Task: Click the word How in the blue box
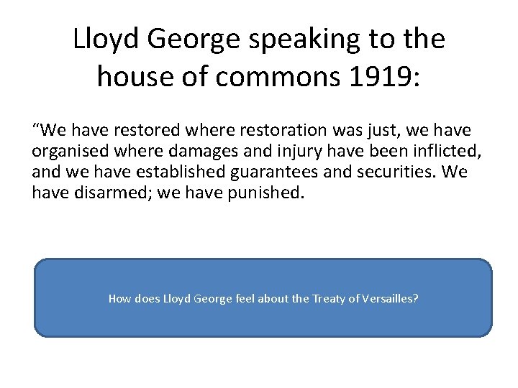119,298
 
